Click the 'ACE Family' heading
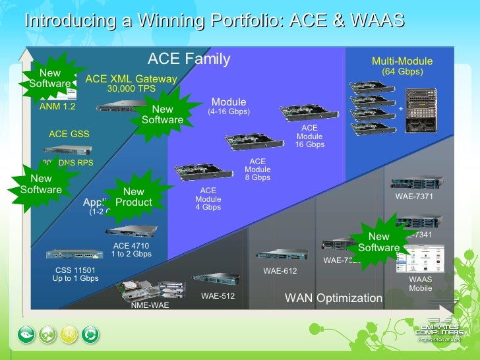(189, 59)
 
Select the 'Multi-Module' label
(402, 62)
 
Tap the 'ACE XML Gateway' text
(131, 79)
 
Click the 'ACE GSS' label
(69, 134)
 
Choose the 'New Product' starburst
(133, 197)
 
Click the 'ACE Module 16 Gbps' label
(309, 136)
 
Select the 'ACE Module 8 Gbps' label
(257, 169)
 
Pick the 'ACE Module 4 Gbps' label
(208, 198)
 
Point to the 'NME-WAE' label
(149, 305)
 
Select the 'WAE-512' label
(218, 296)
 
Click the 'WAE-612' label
(280, 270)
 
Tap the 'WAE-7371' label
(413, 196)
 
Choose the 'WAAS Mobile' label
(421, 284)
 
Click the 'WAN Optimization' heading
(333, 298)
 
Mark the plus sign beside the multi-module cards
(400, 109)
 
